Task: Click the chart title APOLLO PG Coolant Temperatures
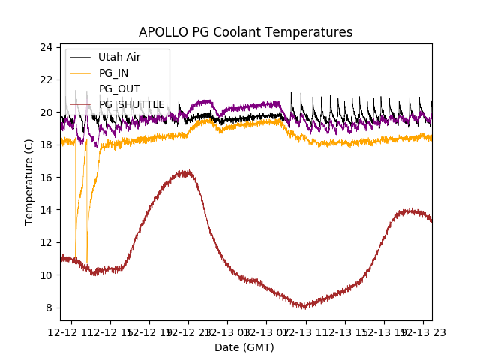[x=245, y=32]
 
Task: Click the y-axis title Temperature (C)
[x=29, y=182]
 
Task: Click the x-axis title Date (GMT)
[x=244, y=347]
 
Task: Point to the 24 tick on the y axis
[x=46, y=47]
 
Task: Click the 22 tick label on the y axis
[x=46, y=79]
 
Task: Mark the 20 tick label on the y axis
[x=46, y=112]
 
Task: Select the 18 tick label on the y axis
[x=46, y=145]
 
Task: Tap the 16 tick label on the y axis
[x=46, y=177]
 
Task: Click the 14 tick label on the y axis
[x=46, y=210]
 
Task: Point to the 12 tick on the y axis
[x=46, y=242]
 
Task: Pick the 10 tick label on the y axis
[x=46, y=274]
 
